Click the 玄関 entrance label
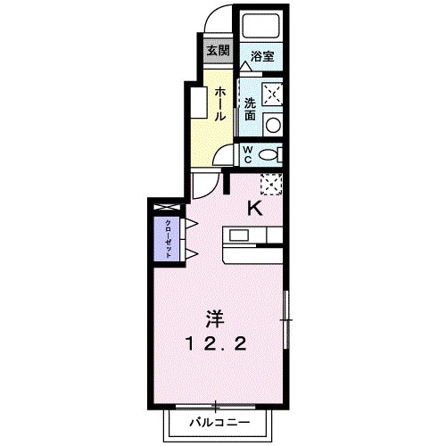(217, 50)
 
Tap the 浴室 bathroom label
(261, 56)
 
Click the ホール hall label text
(219, 104)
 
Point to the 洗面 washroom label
(251, 108)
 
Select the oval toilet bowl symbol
(268, 153)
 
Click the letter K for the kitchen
(254, 210)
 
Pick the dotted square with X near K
(271, 184)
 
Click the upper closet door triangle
(189, 221)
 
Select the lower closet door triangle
(189, 254)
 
